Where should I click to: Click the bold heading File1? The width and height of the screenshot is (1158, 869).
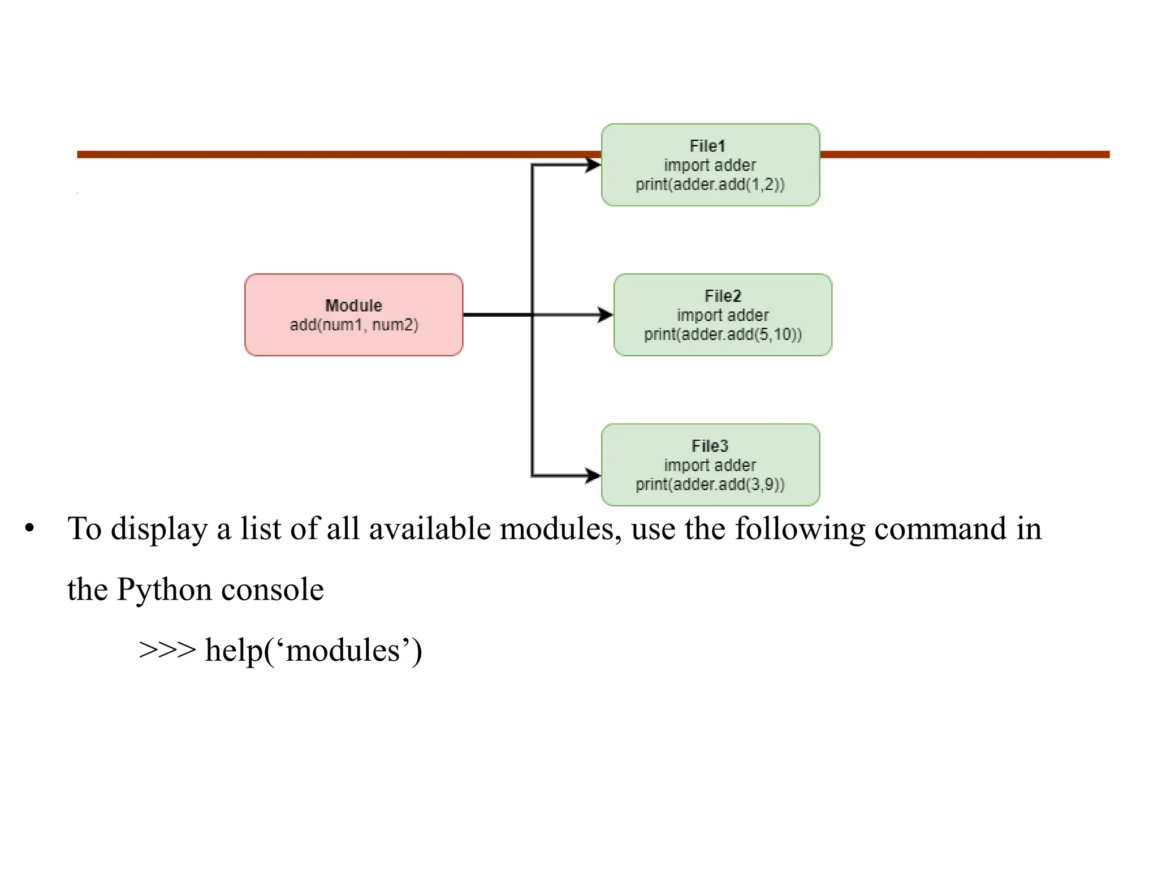[707, 146]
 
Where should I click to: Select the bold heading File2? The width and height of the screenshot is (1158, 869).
[722, 296]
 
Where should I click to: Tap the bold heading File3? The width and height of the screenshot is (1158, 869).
[709, 446]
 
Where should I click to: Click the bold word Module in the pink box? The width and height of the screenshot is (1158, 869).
[353, 306]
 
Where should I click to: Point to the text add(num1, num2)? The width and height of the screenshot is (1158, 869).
[353, 325]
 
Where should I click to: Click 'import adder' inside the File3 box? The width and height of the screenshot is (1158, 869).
[709, 465]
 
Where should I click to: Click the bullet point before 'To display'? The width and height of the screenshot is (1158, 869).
[29, 530]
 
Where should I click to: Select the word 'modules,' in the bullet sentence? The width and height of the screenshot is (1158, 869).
[560, 529]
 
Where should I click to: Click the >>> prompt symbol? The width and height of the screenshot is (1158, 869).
[167, 650]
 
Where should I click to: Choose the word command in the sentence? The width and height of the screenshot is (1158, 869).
[940, 529]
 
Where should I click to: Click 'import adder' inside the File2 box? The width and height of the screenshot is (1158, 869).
[722, 315]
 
